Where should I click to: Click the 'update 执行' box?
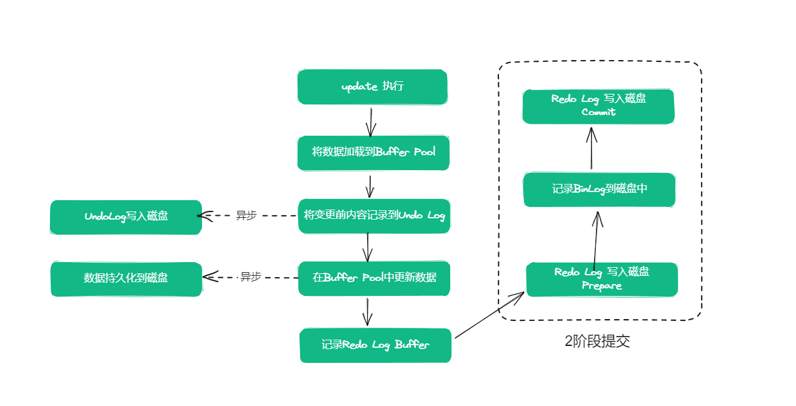pyautogui.click(x=372, y=86)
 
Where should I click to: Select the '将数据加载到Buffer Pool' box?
pyautogui.click(x=373, y=152)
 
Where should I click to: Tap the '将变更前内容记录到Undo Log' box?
pyautogui.click(x=374, y=216)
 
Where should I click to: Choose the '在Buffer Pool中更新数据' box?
pyautogui.click(x=374, y=278)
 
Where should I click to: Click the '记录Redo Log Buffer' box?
pyautogui.click(x=375, y=345)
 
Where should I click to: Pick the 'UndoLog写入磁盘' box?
pyautogui.click(x=126, y=216)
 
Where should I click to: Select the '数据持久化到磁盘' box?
pyautogui.click(x=126, y=278)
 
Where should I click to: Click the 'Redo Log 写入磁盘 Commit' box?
pyautogui.click(x=598, y=106)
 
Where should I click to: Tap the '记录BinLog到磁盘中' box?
pyautogui.click(x=599, y=189)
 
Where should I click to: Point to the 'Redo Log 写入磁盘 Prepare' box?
pyautogui.click(x=602, y=279)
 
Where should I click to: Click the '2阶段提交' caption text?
pyautogui.click(x=597, y=342)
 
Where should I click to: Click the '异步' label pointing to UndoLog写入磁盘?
pyautogui.click(x=246, y=215)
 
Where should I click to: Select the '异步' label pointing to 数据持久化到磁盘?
pyautogui.click(x=250, y=277)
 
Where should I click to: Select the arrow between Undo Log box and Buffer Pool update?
pyautogui.click(x=368, y=246)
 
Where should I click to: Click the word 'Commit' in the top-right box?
pyautogui.click(x=598, y=113)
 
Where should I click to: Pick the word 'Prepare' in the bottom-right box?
pyautogui.click(x=602, y=286)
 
